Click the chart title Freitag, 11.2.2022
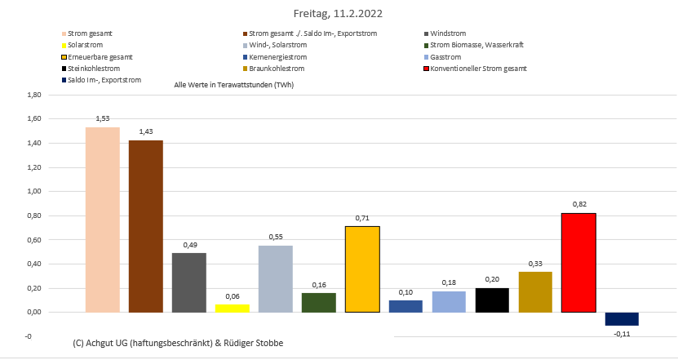pos(338,14)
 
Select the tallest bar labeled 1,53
pos(103,220)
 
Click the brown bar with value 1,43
pos(146,226)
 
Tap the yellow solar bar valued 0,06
pos(233,308)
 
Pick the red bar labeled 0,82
pos(578,262)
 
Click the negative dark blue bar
pos(622,319)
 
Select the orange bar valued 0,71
pos(362,269)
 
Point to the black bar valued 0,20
pos(492,300)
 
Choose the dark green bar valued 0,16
pos(319,302)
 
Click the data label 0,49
pos(189,244)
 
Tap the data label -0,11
pos(622,333)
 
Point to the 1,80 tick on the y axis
pos(33,96)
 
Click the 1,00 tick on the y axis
pos(33,192)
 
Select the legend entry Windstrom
pos(447,33)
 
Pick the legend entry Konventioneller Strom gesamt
pos(478,69)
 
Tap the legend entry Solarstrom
pos(88,45)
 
